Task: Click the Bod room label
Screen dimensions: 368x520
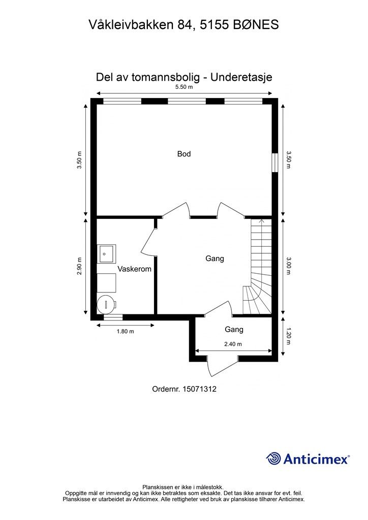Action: tap(184, 154)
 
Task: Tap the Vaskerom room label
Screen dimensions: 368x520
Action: tap(134, 269)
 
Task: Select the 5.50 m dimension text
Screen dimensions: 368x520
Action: tap(184, 87)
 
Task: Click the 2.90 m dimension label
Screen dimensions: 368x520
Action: tap(79, 266)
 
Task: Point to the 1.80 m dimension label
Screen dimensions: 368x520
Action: tap(126, 331)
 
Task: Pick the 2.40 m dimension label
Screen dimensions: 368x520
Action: tap(233, 344)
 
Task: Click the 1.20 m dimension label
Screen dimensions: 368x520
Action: tap(288, 336)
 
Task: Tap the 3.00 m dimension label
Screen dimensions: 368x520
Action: tap(288, 266)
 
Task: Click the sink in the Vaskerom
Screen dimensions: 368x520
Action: tap(106, 254)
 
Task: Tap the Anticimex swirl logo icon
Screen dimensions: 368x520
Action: tap(273, 459)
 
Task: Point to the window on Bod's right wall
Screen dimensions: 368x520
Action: tap(274, 162)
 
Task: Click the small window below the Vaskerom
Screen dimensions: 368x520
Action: tap(113, 317)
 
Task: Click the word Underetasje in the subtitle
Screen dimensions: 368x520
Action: tap(241, 77)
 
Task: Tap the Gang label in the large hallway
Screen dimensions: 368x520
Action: tap(214, 258)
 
